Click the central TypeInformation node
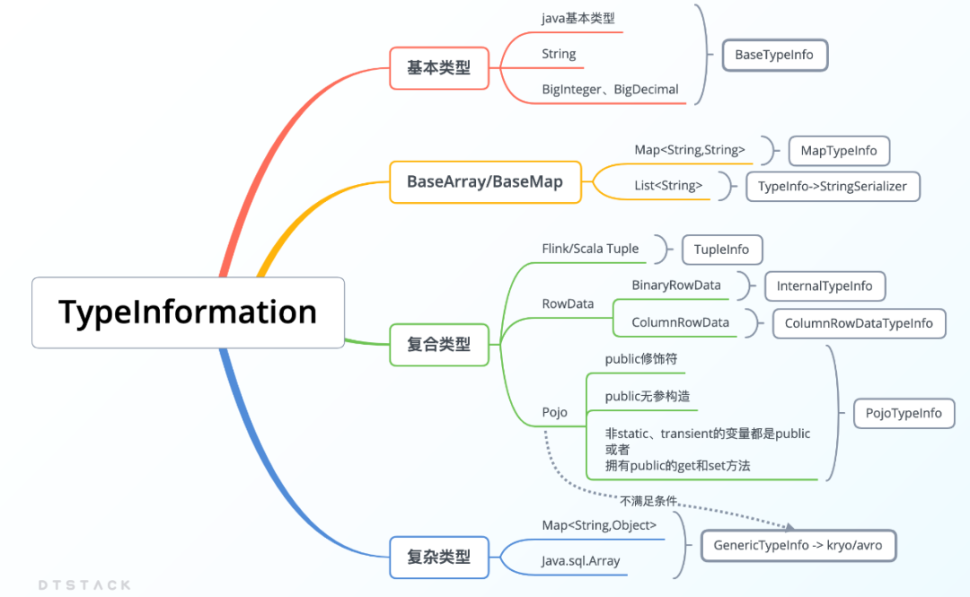click(188, 312)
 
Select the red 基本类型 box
click(438, 67)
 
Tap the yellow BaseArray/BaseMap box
click(485, 181)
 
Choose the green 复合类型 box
click(438, 344)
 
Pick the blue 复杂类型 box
click(438, 557)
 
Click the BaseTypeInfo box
click(774, 55)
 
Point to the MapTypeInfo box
click(839, 151)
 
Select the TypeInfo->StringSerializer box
click(833, 187)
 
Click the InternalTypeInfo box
click(824, 285)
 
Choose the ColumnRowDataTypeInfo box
click(859, 323)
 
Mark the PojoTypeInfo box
click(904, 413)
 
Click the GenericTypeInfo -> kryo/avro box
click(798, 545)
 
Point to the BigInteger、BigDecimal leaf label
click(610, 90)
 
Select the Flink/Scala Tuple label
click(590, 249)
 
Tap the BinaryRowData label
click(676, 285)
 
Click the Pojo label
click(554, 412)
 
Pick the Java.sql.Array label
click(580, 561)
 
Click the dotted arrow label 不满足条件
click(648, 501)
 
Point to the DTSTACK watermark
click(84, 584)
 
